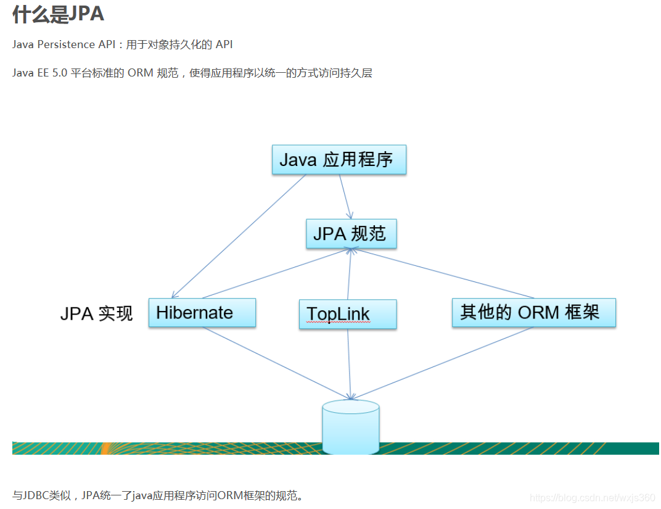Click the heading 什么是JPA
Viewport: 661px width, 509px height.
tap(58, 14)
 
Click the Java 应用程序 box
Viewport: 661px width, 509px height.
tap(339, 160)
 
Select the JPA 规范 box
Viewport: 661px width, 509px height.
tap(351, 234)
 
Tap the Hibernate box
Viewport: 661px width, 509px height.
tap(202, 312)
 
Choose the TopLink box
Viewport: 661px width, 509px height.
tap(347, 314)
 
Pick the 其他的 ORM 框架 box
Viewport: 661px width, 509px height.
tap(533, 312)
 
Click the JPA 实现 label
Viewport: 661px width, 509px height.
tap(96, 313)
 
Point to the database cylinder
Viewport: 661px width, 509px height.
tap(350, 427)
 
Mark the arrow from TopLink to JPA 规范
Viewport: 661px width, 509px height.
tap(350, 275)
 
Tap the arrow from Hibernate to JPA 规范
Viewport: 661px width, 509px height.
tap(276, 273)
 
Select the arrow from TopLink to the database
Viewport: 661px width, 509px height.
tap(349, 364)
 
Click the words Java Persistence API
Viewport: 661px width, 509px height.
tap(62, 44)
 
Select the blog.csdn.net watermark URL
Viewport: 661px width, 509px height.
tap(593, 497)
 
